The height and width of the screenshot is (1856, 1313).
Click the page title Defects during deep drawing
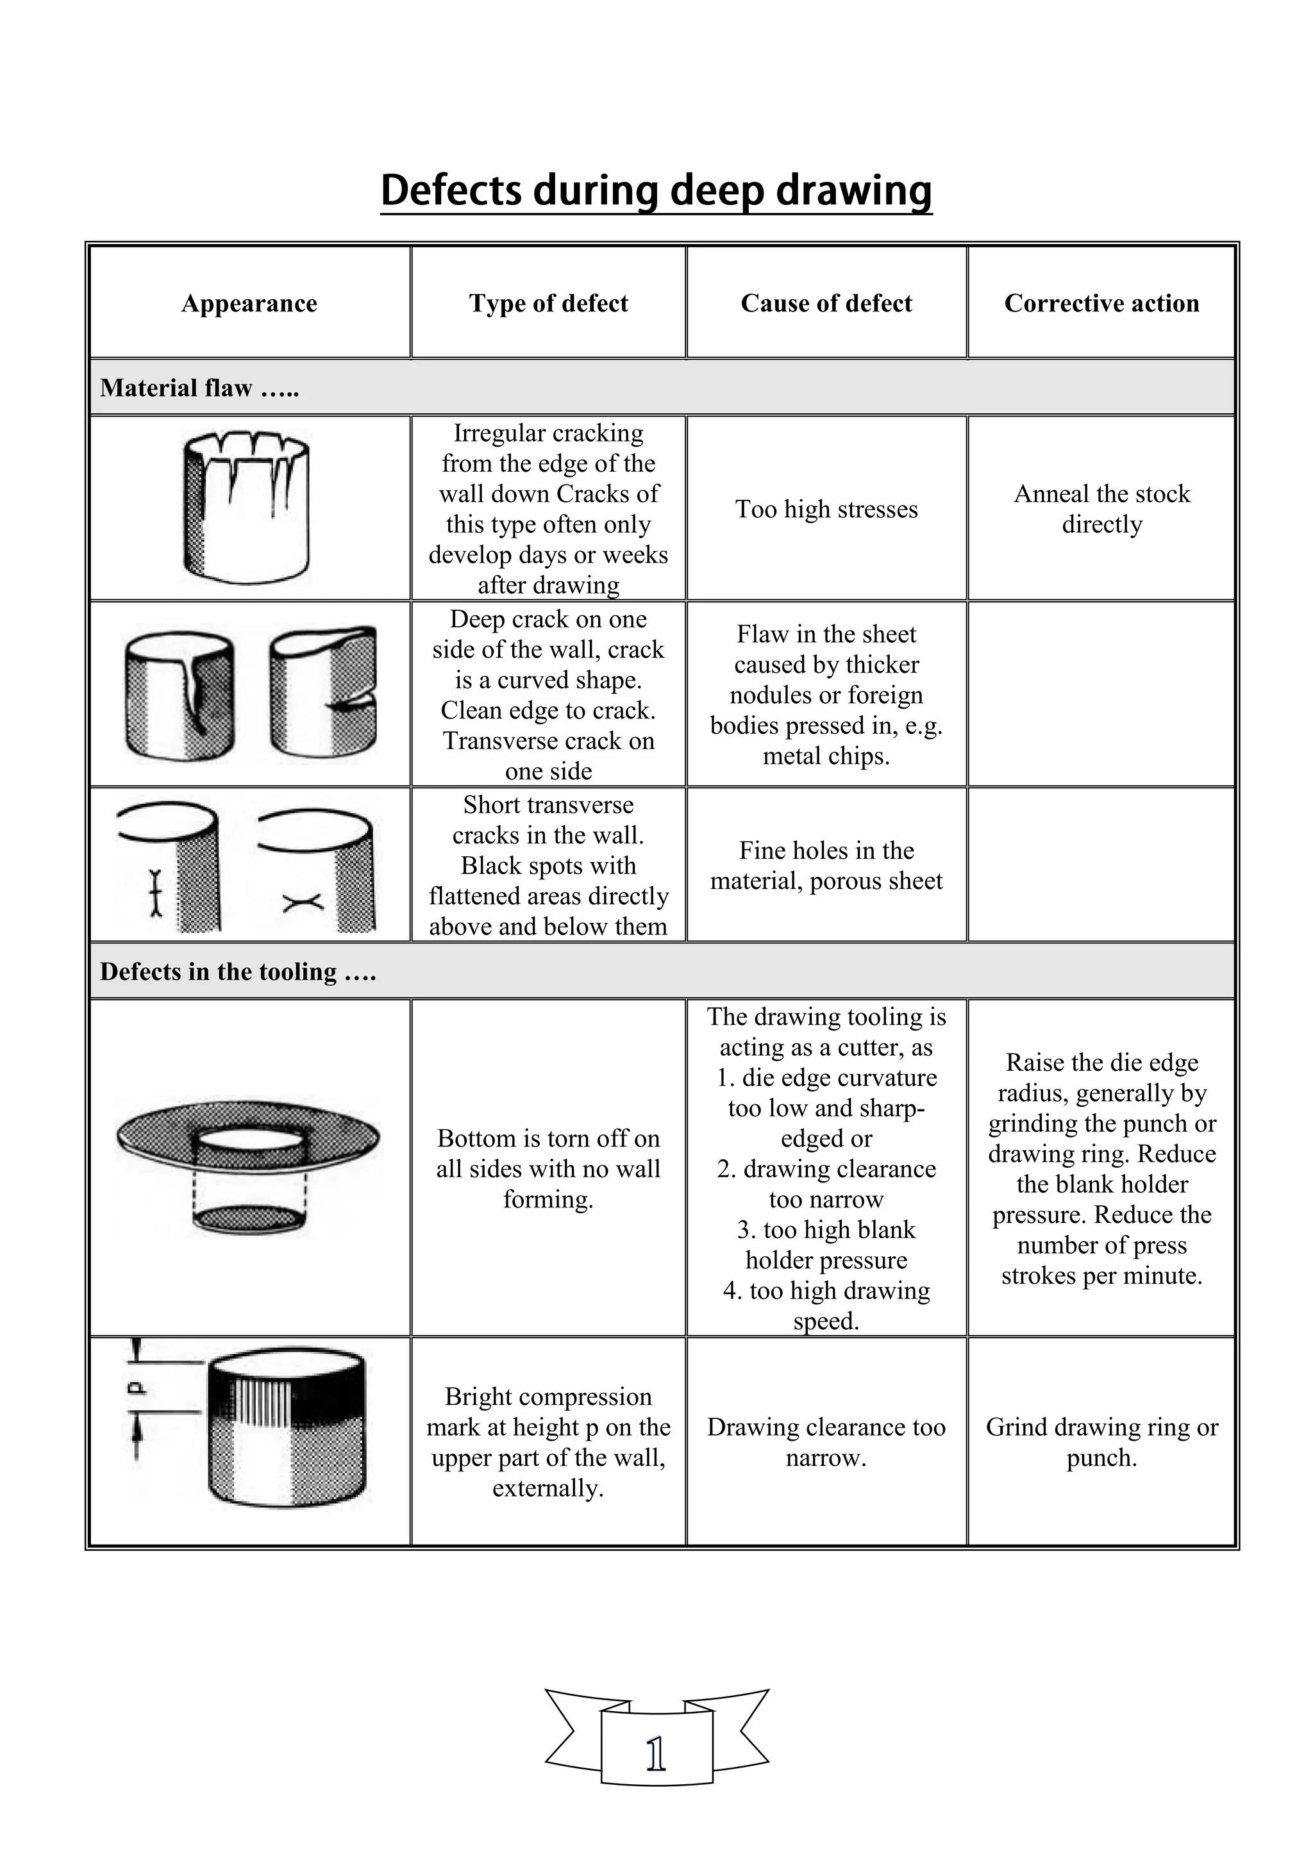pos(656,191)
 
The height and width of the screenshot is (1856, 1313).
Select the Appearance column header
pos(249,303)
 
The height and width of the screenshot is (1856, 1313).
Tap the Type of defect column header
pos(548,303)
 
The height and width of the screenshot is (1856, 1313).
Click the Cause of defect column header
pos(826,303)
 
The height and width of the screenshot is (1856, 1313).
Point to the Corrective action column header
pos(1101,303)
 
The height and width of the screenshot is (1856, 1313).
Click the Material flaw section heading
pos(199,388)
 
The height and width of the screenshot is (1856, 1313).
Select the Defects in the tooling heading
pos(238,972)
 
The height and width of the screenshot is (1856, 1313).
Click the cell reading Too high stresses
pos(826,510)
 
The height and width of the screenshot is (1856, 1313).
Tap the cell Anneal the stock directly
pos(1101,510)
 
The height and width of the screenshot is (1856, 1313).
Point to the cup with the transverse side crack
pos(323,693)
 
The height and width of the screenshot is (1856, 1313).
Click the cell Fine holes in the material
pos(826,866)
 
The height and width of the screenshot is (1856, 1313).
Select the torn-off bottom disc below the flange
pos(250,1218)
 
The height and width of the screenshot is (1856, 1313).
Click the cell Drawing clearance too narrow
pos(826,1442)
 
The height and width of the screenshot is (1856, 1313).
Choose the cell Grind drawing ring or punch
pos(1101,1442)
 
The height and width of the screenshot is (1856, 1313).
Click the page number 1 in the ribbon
pos(656,1755)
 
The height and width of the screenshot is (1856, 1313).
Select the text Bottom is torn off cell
pos(548,1169)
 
